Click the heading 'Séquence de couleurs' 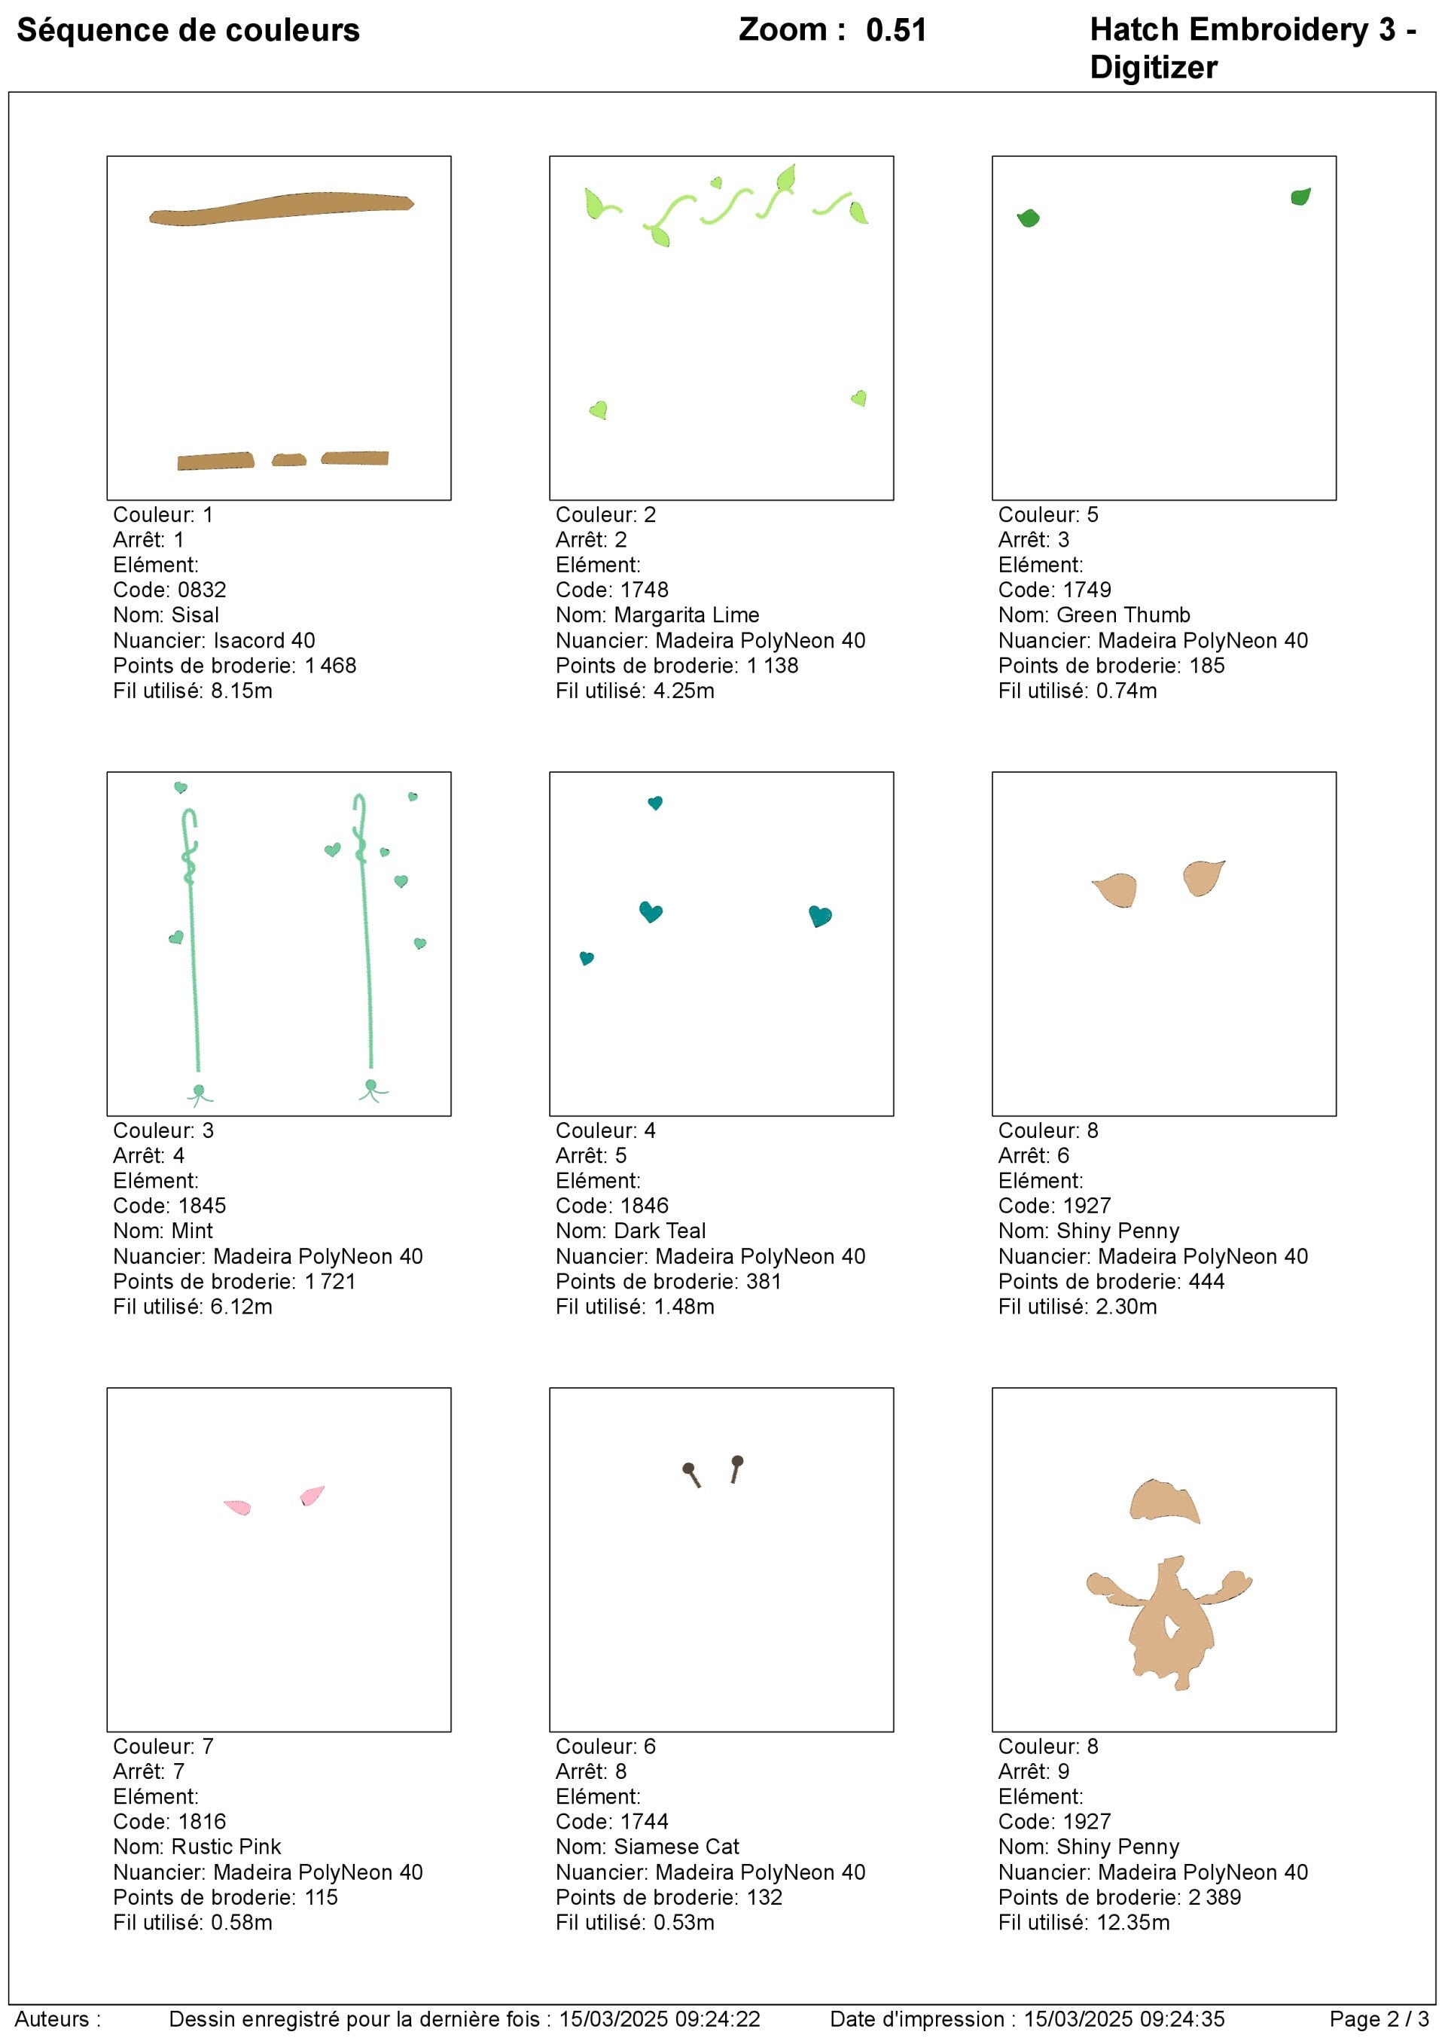tap(187, 30)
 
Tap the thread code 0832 tap(202, 590)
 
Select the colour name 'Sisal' tap(195, 615)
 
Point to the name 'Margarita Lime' tap(687, 615)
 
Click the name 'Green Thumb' tap(1123, 615)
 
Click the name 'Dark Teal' tap(660, 1231)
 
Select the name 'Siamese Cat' tap(677, 1847)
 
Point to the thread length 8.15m tap(241, 690)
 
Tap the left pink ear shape tap(238, 1506)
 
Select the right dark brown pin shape tap(736, 1466)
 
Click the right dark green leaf tap(1300, 197)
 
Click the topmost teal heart tap(655, 803)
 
